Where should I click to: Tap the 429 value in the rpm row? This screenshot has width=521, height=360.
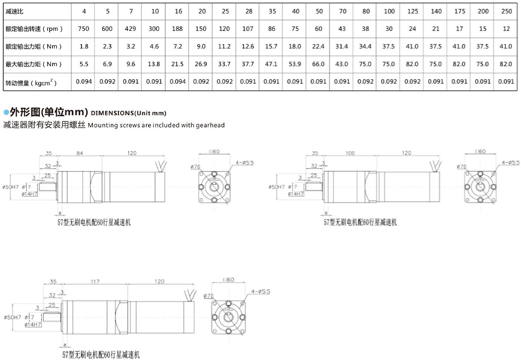click(132, 30)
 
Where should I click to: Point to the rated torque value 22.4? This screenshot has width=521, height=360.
click(319, 46)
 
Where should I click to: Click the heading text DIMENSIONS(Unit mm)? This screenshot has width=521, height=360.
click(126, 112)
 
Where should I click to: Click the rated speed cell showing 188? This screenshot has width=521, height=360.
click(179, 30)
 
